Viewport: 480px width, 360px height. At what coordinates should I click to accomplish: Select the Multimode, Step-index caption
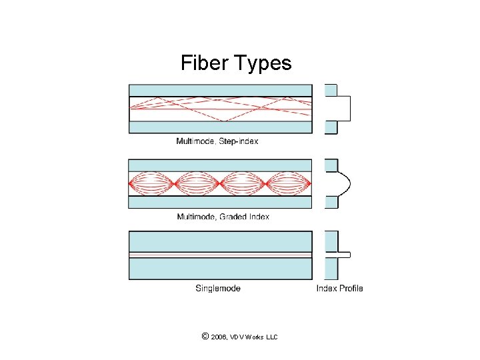[x=217, y=141]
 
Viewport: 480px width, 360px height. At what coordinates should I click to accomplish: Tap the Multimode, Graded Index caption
[x=223, y=217]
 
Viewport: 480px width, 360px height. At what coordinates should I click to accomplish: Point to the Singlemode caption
[x=218, y=289]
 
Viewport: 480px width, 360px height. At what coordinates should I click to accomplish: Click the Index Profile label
[x=339, y=289]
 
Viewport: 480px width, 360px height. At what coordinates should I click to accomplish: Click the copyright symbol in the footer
[x=204, y=337]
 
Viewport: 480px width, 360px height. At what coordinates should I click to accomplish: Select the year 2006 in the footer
[x=219, y=337]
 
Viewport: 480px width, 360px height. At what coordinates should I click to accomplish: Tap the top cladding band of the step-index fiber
[x=220, y=90]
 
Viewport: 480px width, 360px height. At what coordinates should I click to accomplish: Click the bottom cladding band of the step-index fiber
[x=220, y=127]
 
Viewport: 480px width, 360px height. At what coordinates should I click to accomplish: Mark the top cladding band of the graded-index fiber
[x=220, y=165]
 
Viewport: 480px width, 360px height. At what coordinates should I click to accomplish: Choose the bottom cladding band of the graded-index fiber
[x=220, y=202]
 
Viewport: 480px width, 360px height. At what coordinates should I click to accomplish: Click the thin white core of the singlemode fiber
[x=220, y=255]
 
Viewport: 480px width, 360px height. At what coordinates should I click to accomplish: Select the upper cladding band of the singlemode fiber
[x=220, y=241]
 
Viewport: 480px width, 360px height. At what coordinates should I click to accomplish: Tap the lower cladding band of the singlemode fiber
[x=220, y=269]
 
